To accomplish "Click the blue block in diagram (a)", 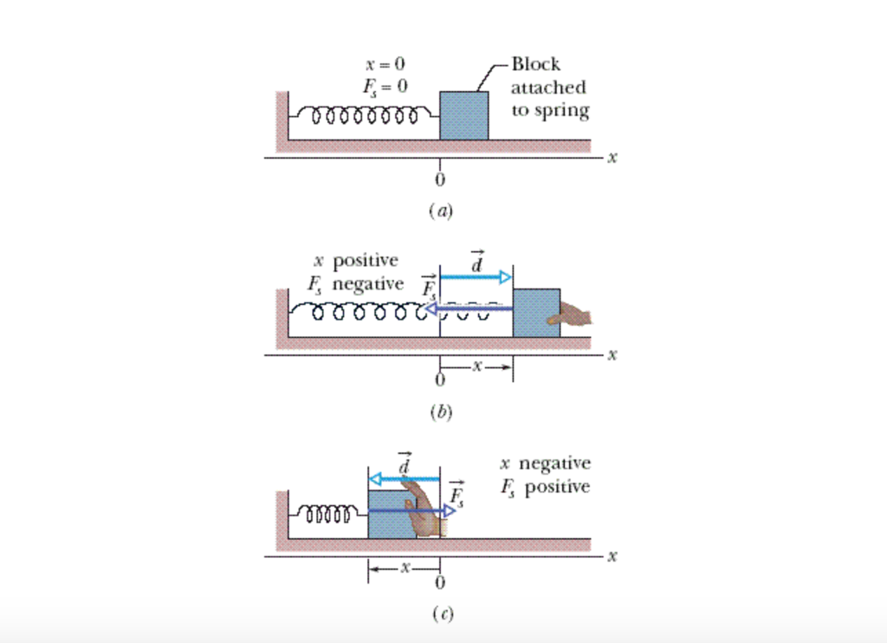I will (463, 115).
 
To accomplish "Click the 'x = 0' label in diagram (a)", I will (385, 64).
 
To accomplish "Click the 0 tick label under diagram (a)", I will (440, 179).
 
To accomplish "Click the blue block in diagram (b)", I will (535, 312).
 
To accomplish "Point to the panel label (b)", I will (440, 412).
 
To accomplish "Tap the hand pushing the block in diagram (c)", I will (424, 511).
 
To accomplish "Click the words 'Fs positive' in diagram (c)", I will (545, 486).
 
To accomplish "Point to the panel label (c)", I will (441, 614).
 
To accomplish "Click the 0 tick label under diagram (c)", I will (440, 581).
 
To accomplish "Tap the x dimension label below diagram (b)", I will (476, 367).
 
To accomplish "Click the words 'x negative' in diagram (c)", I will (545, 464).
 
